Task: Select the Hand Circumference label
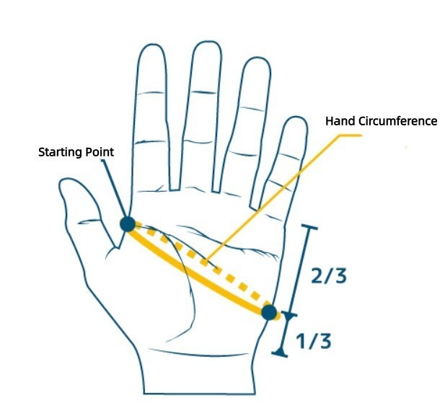tap(382, 121)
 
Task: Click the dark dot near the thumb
tap(128, 223)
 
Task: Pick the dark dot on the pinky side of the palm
tap(269, 312)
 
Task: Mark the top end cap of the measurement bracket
tap(309, 228)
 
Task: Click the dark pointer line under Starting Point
tap(114, 187)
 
